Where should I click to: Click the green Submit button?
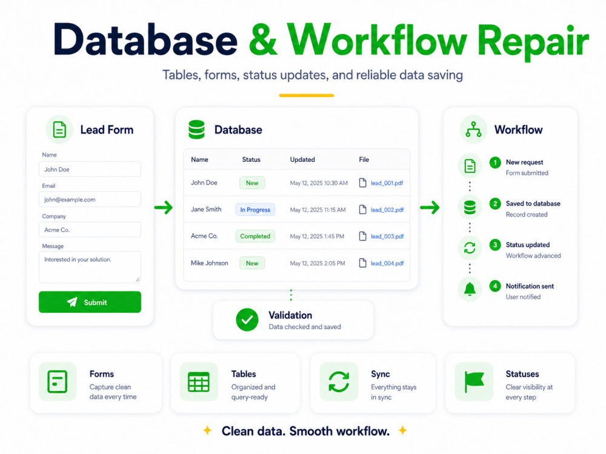90,302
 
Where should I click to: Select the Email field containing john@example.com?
90,199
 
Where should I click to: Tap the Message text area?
90,267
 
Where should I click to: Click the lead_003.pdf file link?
387,236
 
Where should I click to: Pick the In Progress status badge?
255,210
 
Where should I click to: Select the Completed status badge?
255,236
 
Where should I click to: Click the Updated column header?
302,159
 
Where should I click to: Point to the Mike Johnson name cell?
209,263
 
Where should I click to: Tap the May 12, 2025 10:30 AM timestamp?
319,183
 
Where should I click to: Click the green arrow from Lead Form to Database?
164,207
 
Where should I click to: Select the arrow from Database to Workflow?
430,207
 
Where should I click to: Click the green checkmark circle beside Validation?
247,320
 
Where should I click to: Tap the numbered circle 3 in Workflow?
494,245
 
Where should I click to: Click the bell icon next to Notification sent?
470,289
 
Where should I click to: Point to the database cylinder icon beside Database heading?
196,130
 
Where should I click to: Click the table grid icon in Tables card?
199,382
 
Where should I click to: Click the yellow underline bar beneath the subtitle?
307,96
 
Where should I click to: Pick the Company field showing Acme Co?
90,230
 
